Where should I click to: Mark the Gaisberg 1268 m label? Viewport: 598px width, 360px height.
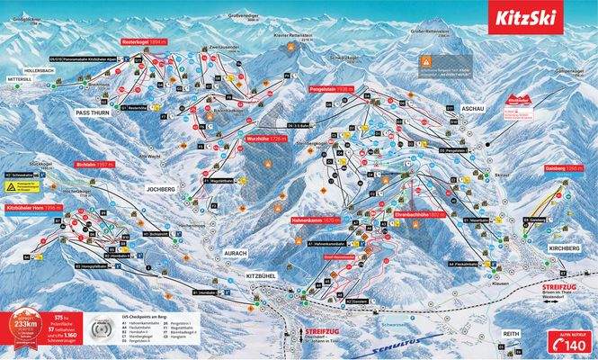559,167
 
